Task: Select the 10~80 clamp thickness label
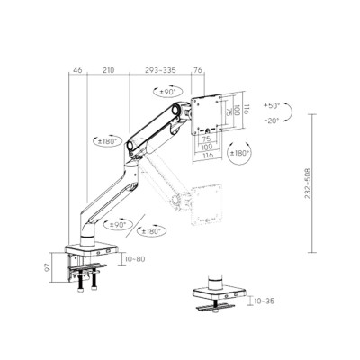(x=136, y=259)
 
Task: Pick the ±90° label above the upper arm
(x=167, y=93)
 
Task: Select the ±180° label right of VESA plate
(x=241, y=153)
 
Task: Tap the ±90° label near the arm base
(x=118, y=224)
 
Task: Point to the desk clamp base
(x=91, y=256)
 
